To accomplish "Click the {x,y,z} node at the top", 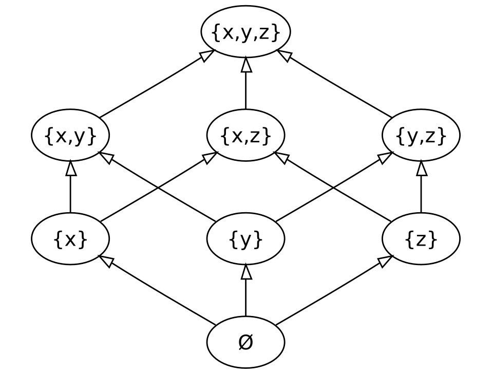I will point(245,32).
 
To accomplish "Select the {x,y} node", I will point(70,136).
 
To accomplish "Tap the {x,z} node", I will point(245,136).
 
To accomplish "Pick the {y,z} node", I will point(421,136).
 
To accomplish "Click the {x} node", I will point(70,239).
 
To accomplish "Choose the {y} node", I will point(245,239).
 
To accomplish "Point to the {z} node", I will point(421,239).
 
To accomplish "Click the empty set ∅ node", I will point(245,342).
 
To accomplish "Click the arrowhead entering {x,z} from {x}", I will point(210,158).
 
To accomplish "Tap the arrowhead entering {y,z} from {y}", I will point(385,158).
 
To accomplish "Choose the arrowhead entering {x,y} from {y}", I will point(106,158).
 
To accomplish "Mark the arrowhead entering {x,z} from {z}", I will point(281,158).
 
